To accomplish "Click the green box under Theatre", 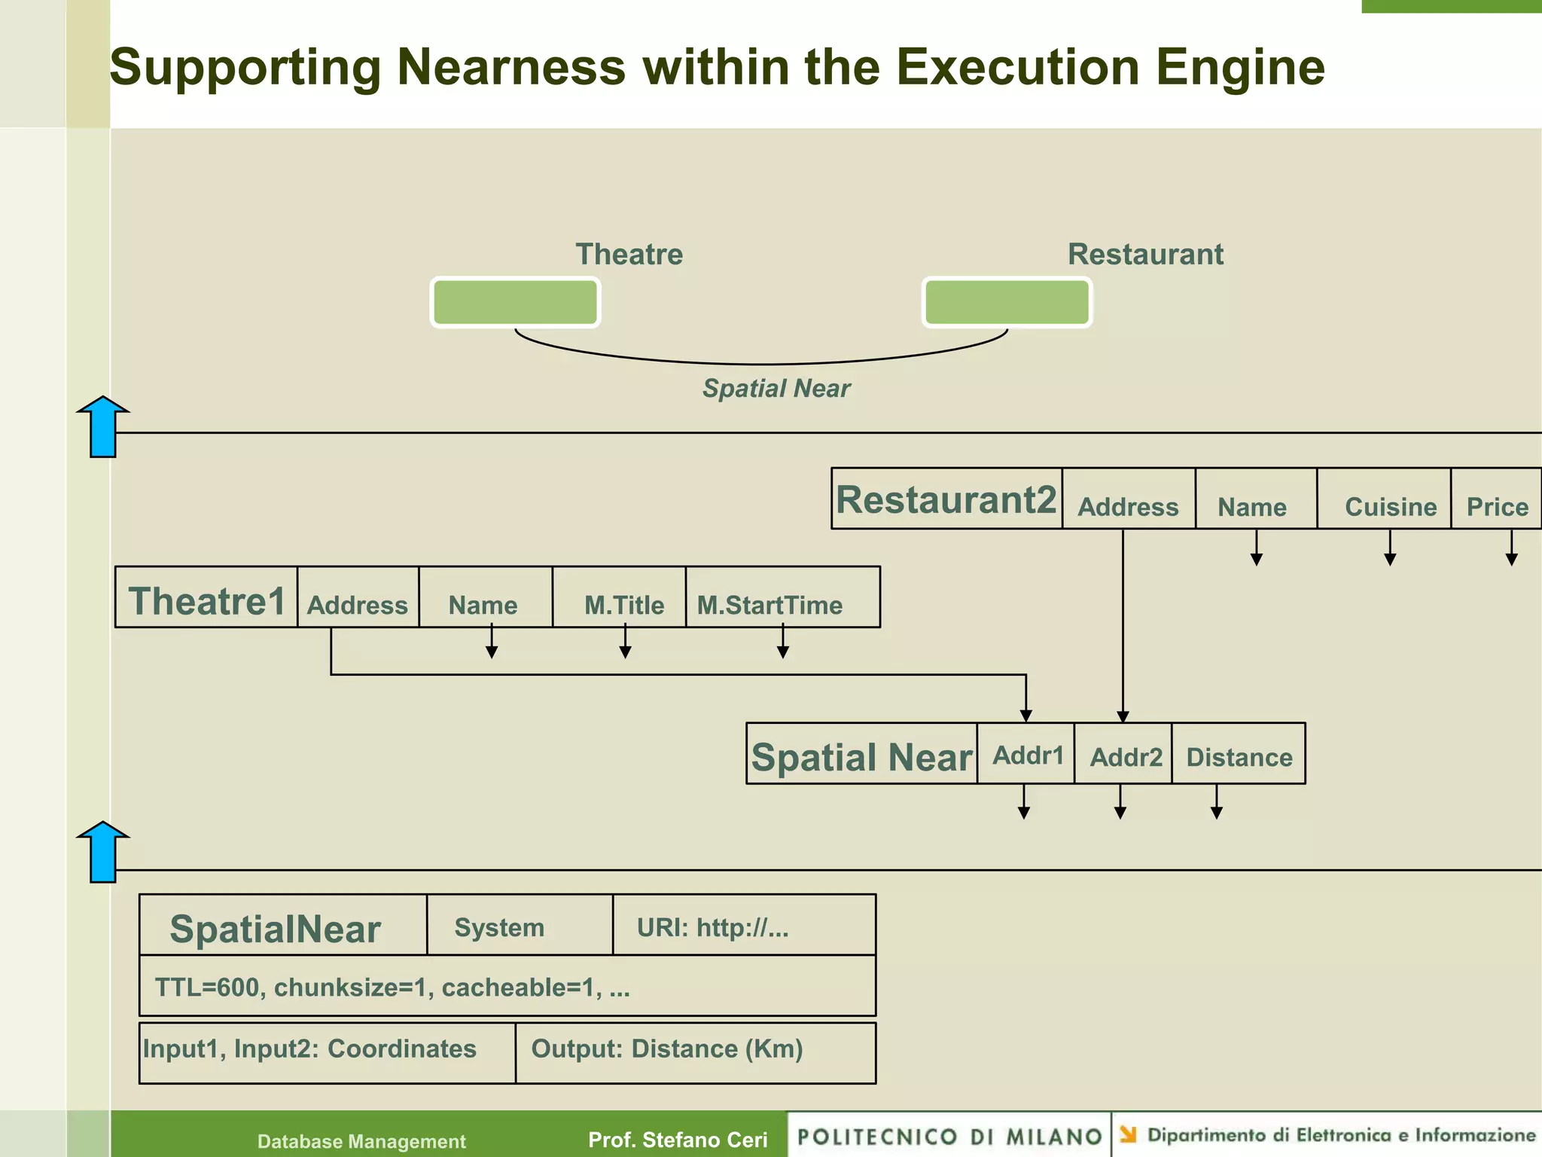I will (x=515, y=302).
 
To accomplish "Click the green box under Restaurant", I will (x=1007, y=302).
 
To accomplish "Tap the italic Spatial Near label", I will (x=776, y=389).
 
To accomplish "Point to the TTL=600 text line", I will (x=392, y=987).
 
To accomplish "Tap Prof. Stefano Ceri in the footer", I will (x=678, y=1140).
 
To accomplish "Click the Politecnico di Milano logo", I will (x=949, y=1136).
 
